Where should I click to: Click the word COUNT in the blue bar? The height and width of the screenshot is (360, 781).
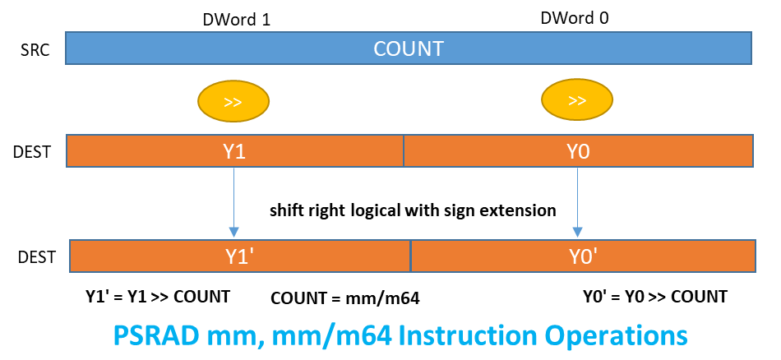coord(409,48)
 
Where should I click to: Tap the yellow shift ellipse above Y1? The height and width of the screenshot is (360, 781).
coord(233,102)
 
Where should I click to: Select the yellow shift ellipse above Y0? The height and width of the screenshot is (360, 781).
coord(577,101)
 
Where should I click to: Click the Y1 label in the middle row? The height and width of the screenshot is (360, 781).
coord(234,151)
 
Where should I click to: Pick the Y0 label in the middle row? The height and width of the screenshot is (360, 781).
coord(578,151)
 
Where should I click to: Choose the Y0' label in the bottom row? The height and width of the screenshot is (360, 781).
coord(583,256)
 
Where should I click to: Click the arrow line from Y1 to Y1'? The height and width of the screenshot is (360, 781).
coord(234,197)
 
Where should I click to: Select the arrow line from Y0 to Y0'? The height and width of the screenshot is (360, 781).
coord(578,197)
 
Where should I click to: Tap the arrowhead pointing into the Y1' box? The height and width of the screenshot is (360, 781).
coord(234,233)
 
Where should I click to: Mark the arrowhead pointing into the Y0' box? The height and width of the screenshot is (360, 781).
coord(578,233)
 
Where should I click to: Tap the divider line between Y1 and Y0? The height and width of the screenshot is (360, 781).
coord(404,151)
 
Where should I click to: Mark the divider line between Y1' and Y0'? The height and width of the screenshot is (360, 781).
coord(410,256)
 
